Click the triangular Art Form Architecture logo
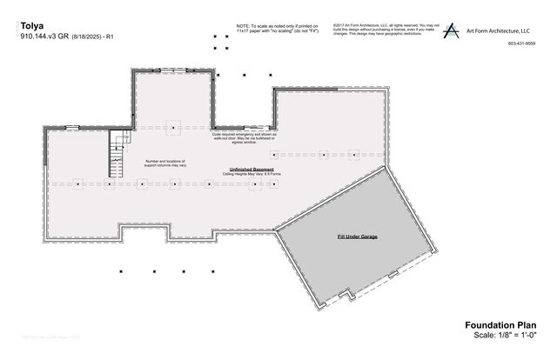pos(452,31)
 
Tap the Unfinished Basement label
pos(252,169)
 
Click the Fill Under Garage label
pos(357,237)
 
